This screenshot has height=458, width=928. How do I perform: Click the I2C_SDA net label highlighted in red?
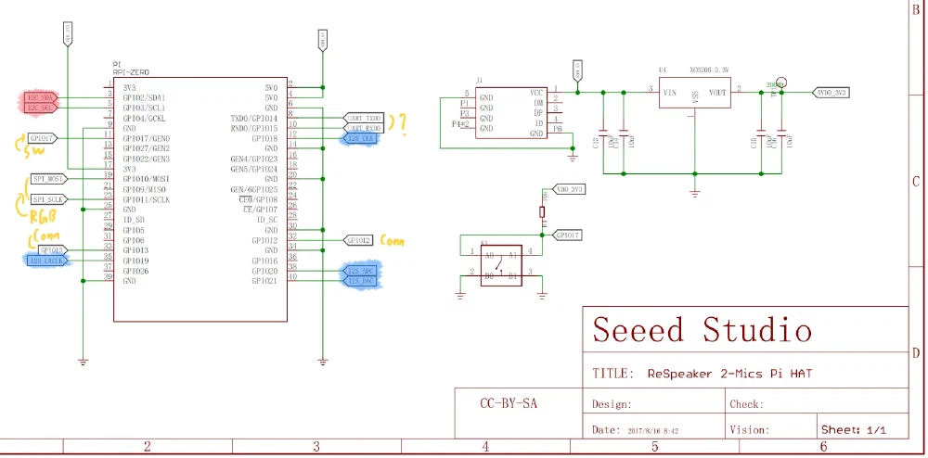pyautogui.click(x=43, y=97)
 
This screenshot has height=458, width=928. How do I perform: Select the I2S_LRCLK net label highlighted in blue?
pyautogui.click(x=47, y=261)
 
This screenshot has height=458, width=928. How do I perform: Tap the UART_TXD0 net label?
pyautogui.click(x=364, y=118)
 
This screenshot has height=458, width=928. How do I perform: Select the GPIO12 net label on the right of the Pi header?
pyautogui.click(x=359, y=239)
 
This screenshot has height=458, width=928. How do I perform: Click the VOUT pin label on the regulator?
pyautogui.click(x=717, y=93)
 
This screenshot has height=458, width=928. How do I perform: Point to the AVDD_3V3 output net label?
pyautogui.click(x=830, y=93)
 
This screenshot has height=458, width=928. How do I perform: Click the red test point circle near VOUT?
pyautogui.click(x=781, y=83)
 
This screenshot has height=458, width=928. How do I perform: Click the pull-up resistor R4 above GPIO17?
pyautogui.click(x=543, y=213)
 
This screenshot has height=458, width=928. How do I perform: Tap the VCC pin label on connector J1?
pyautogui.click(x=535, y=93)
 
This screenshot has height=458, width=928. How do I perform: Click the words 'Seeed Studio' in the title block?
pyautogui.click(x=702, y=330)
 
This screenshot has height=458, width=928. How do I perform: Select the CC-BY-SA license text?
pyautogui.click(x=509, y=403)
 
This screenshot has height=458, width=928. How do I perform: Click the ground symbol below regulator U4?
pyautogui.click(x=694, y=193)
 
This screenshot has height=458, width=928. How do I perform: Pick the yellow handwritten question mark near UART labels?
pyautogui.click(x=401, y=123)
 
